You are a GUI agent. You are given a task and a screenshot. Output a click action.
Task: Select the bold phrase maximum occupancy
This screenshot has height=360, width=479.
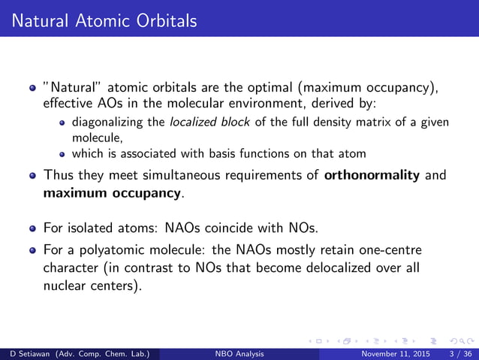pos(112,193)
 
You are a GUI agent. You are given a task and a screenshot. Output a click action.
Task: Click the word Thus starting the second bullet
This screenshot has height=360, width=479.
pos(60,177)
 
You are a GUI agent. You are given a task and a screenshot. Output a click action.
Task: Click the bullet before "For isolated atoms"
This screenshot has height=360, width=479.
pos(33,228)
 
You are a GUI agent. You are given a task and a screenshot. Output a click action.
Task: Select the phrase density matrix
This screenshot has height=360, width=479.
pos(338,123)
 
